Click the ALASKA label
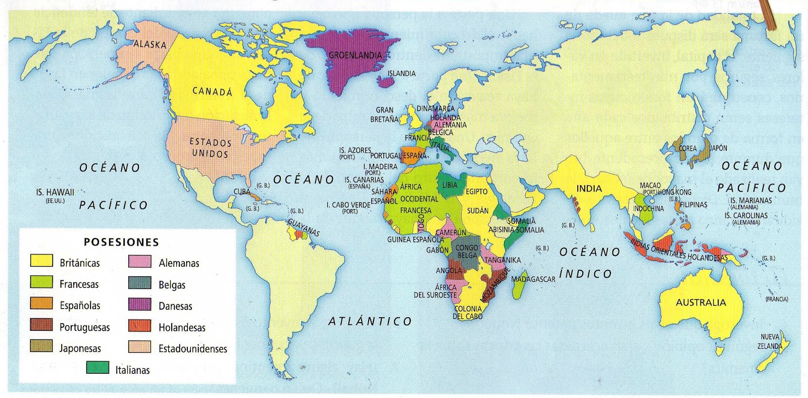point(149,44)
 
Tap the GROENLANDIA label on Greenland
point(355,55)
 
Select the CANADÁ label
point(212,91)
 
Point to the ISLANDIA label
point(401,74)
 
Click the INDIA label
point(589,189)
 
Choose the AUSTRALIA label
point(700,303)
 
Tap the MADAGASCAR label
point(533,279)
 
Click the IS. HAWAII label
point(55,192)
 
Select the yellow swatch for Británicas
point(41,261)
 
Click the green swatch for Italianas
point(97,368)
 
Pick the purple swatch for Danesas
point(140,304)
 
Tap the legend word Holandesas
point(182,327)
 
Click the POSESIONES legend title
point(121,242)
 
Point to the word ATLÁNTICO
point(370,321)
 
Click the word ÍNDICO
point(585,274)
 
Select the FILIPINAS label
point(693,205)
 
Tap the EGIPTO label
point(476,192)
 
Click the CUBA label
point(242,192)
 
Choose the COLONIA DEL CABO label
point(468,313)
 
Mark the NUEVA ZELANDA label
point(770,341)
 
